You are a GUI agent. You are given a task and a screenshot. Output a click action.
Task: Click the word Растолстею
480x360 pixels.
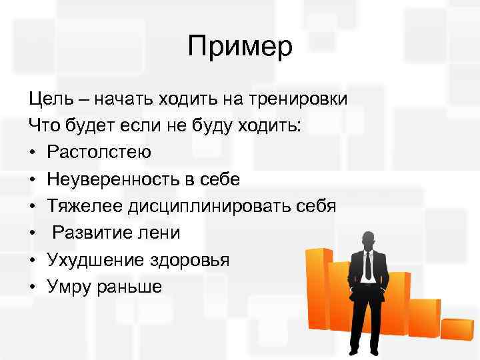pos(99,153)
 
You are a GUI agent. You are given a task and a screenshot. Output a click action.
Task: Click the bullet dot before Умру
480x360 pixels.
pos(33,286)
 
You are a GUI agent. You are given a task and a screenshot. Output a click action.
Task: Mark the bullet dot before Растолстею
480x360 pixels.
pos(33,153)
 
